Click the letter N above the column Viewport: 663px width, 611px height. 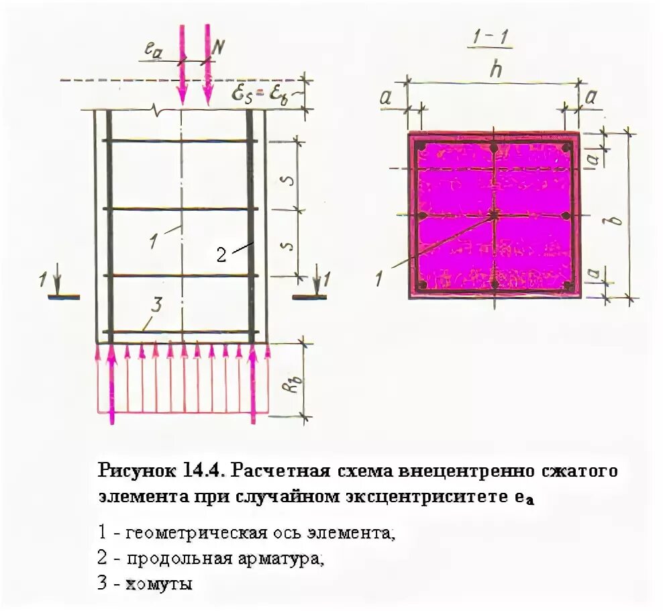pyautogui.click(x=219, y=47)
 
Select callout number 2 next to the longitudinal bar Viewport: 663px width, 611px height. pyautogui.click(x=221, y=254)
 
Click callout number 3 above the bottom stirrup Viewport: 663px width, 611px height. pyautogui.click(x=156, y=306)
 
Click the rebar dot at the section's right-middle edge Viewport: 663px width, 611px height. pyautogui.click(x=566, y=216)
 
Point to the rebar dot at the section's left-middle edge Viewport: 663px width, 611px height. pyautogui.click(x=422, y=216)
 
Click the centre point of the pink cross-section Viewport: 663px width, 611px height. pyautogui.click(x=495, y=215)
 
